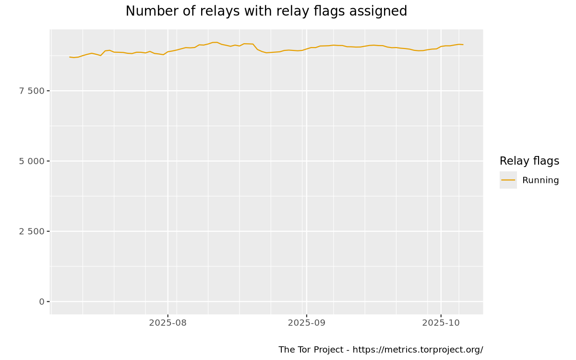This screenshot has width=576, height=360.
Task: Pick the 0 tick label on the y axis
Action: pyautogui.click(x=42, y=301)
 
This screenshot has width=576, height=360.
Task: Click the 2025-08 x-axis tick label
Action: pyautogui.click(x=168, y=323)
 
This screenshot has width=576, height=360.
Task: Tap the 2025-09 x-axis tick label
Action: pyautogui.click(x=306, y=323)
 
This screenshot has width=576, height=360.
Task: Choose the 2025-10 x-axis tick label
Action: pyautogui.click(x=441, y=323)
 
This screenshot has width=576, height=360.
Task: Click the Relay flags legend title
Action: pyautogui.click(x=529, y=161)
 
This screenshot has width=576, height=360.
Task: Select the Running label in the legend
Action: pyautogui.click(x=540, y=180)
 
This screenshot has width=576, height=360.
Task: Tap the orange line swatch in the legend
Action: pyautogui.click(x=508, y=180)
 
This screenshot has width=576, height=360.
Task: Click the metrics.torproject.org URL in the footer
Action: pyautogui.click(x=418, y=350)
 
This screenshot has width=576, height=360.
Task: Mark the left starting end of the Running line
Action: pyautogui.click(x=70, y=57)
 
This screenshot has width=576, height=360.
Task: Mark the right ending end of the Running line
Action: pyautogui.click(x=463, y=45)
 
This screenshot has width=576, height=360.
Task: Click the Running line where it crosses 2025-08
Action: pyautogui.click(x=168, y=52)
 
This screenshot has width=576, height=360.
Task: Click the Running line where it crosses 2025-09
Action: pyautogui.click(x=306, y=48)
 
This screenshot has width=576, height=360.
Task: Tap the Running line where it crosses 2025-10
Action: pyautogui.click(x=441, y=47)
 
